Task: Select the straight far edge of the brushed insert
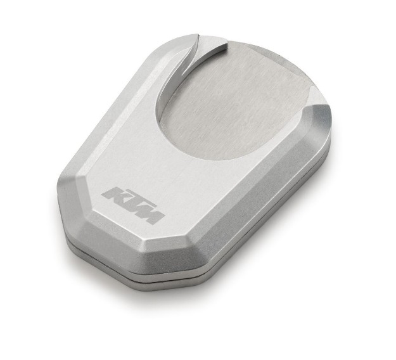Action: click(279, 53)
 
